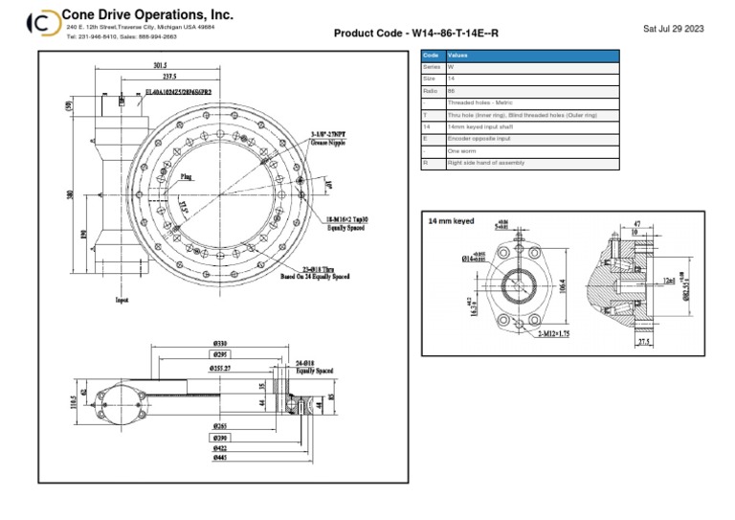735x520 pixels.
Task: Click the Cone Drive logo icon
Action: pyautogui.click(x=41, y=23)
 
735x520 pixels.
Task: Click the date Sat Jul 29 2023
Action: pyautogui.click(x=674, y=29)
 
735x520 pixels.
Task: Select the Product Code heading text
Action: pyautogui.click(x=415, y=34)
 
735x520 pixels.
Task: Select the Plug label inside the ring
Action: pyautogui.click(x=188, y=176)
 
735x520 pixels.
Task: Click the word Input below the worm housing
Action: pyautogui.click(x=122, y=300)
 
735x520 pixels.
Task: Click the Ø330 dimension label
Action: pyautogui.click(x=221, y=343)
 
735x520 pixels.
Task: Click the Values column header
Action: pyautogui.click(x=458, y=57)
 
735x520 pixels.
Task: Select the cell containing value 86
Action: pyautogui.click(x=452, y=91)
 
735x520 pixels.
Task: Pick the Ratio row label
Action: pyautogui.click(x=431, y=91)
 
